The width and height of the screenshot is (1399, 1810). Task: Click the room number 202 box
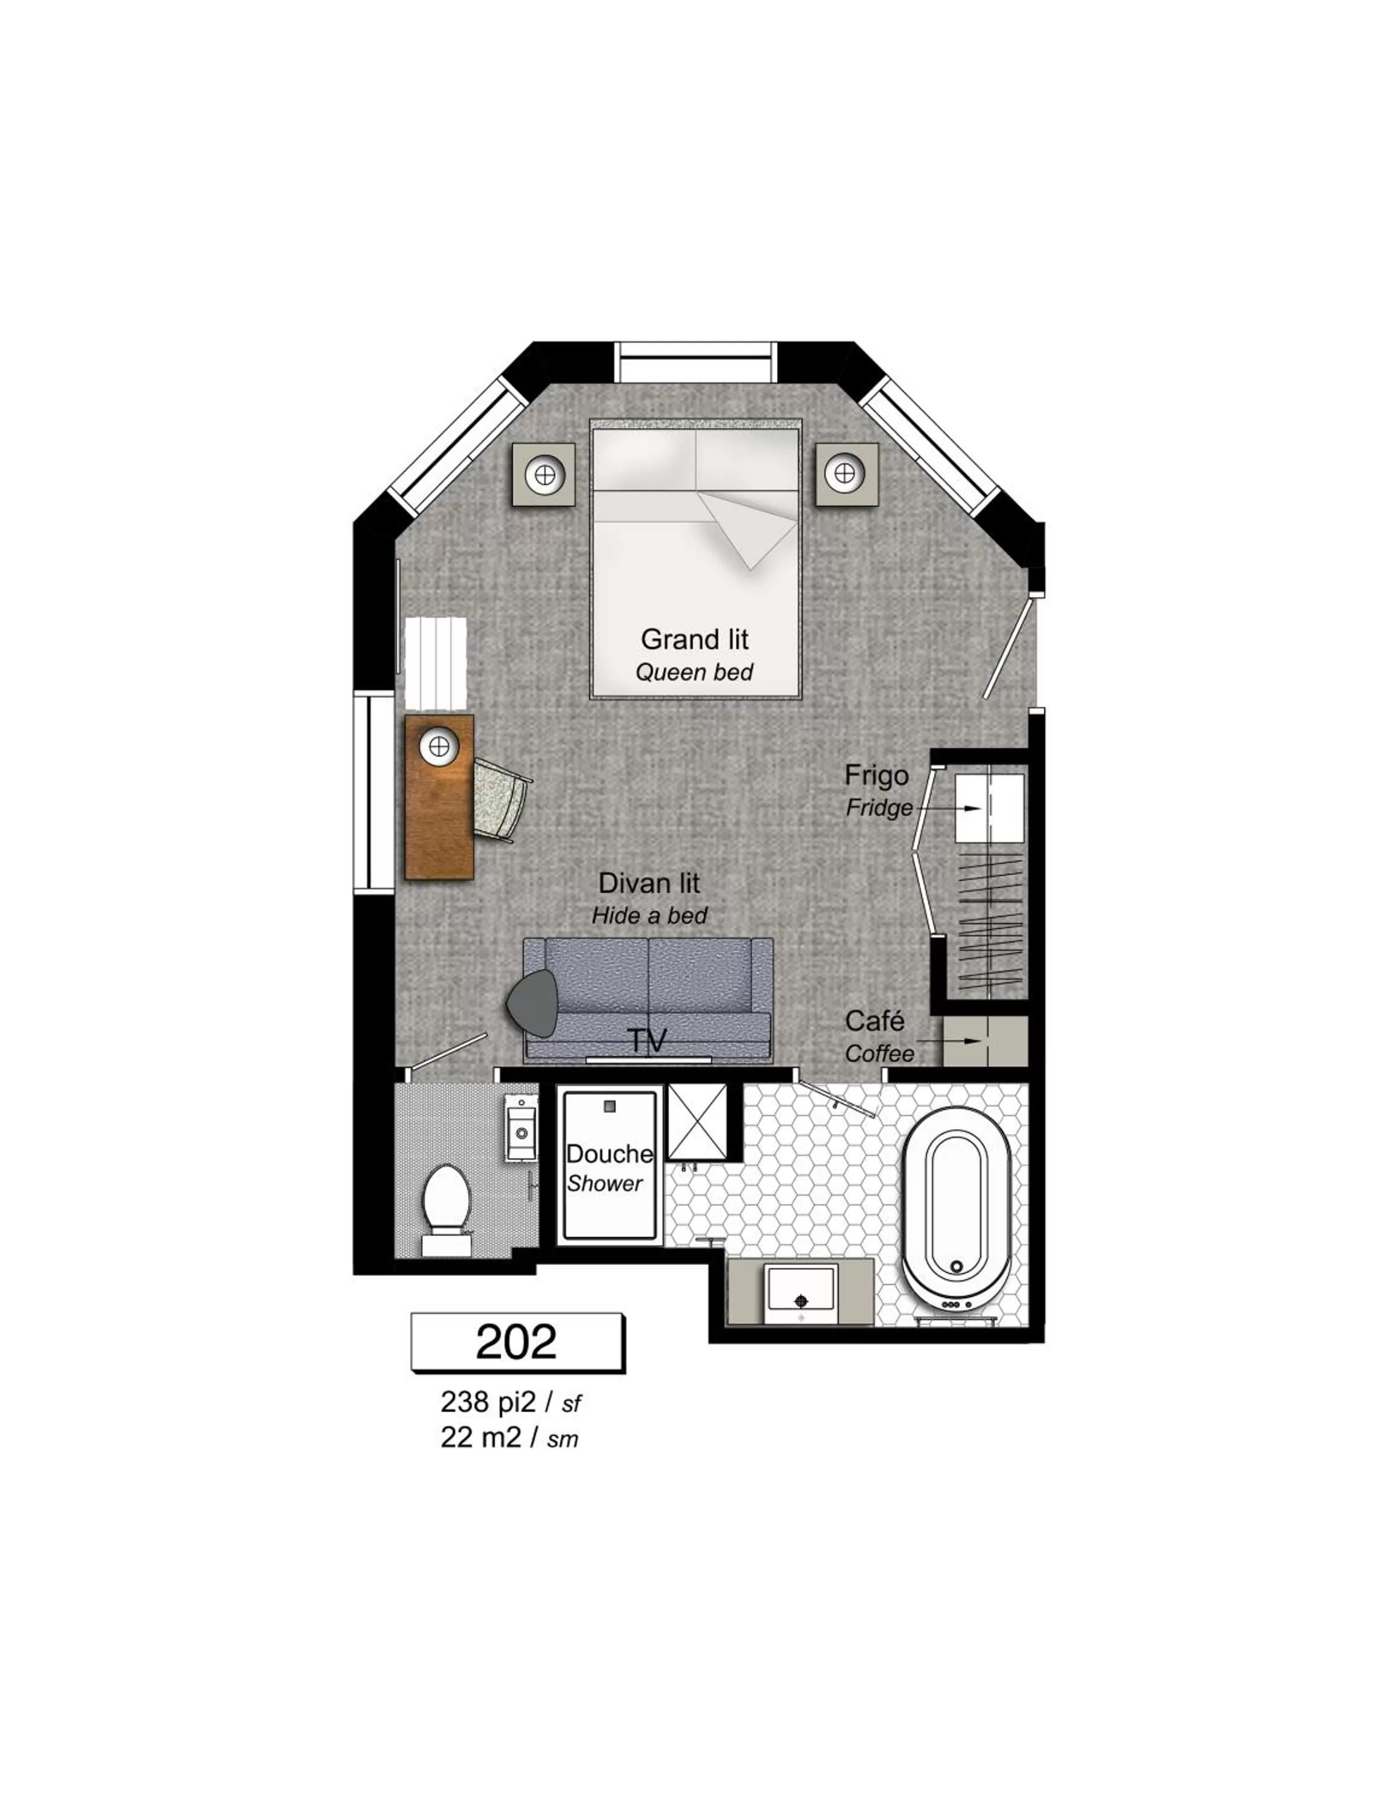517,1342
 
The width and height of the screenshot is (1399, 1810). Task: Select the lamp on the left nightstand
544,475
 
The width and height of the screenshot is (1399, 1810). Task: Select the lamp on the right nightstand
844,473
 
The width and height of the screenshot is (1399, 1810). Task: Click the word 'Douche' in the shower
609,1154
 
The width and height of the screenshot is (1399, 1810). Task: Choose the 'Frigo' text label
876,775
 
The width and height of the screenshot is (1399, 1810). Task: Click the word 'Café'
875,1020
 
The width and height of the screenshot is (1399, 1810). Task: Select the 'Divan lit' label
649,883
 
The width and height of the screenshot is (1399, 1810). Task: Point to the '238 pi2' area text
489,1402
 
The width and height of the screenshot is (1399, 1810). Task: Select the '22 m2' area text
480,1438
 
